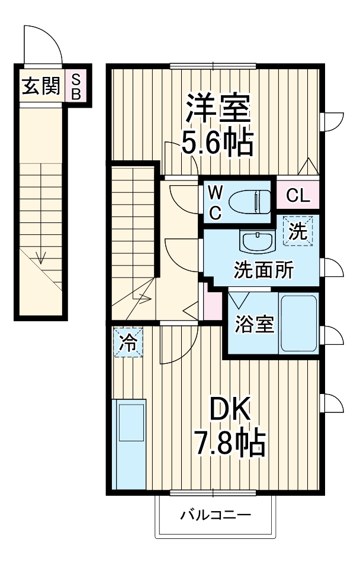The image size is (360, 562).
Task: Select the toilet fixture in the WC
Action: click(250, 202)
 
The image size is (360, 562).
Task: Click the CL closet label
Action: click(298, 196)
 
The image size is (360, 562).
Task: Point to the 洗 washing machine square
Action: click(298, 231)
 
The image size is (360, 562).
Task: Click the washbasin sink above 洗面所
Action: click(257, 242)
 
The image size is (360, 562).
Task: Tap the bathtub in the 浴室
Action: click(298, 323)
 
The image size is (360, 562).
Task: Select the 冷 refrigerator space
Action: click(128, 343)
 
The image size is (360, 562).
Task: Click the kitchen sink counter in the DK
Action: click(128, 444)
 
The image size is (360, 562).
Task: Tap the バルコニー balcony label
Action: click(216, 515)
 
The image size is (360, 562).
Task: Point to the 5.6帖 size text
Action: click(217, 142)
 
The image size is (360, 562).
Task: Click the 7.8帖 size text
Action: click(230, 443)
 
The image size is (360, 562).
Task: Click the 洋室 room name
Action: click(218, 108)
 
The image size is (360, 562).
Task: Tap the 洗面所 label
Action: click(263, 270)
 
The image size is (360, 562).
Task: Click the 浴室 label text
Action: click(254, 324)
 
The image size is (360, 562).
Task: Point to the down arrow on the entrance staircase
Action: click(41, 257)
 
